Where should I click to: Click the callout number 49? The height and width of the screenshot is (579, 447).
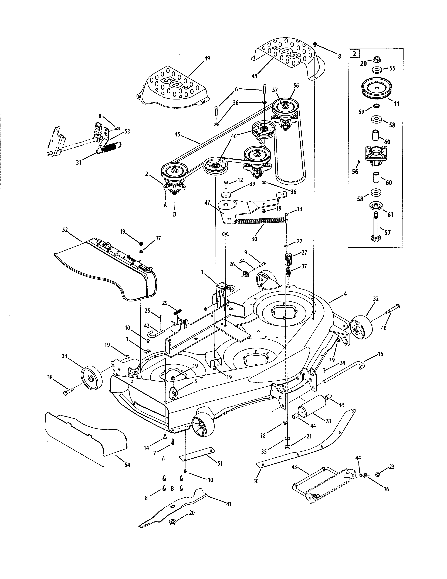coord(207,58)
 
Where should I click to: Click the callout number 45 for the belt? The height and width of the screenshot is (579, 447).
coord(177,134)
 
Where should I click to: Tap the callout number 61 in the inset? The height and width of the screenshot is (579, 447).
coord(391,214)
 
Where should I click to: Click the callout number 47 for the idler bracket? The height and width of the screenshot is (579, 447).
coord(207,203)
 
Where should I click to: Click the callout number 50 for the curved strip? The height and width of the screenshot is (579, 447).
coord(256,481)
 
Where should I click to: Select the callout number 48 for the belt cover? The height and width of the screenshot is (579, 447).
coord(254,76)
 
